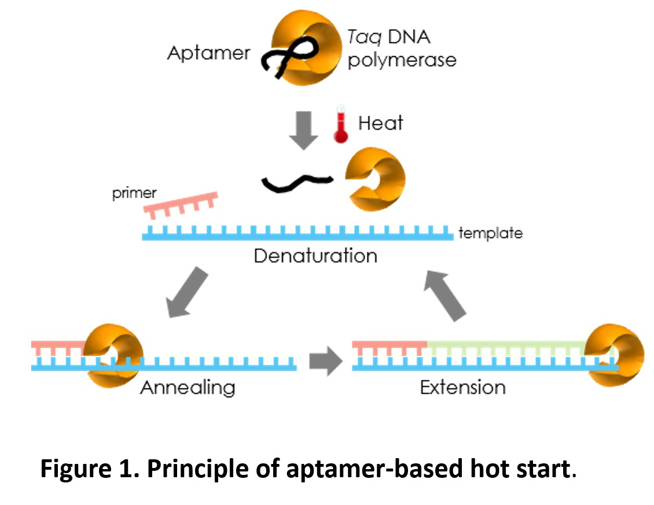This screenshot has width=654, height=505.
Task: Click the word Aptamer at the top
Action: click(208, 53)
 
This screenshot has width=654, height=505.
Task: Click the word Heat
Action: click(380, 123)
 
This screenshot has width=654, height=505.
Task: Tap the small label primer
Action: click(134, 193)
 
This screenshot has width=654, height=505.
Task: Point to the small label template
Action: click(490, 233)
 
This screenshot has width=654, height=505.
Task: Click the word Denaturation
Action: click(315, 255)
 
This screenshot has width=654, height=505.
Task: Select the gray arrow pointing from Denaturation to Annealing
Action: click(186, 292)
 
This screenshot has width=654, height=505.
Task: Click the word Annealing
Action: click(188, 386)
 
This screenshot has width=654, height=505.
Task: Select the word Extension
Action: click(462, 386)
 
